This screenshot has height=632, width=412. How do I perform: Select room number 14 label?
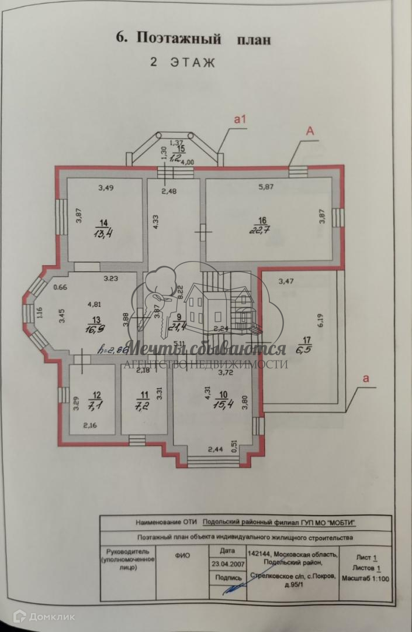pos(104,222)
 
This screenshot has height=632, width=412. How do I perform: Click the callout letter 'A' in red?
pos(310,132)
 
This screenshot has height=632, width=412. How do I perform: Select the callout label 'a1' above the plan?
pos(240,119)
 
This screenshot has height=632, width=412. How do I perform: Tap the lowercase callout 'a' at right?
pos(366,379)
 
